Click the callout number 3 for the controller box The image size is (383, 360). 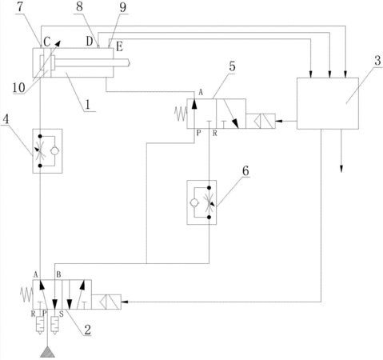coord(377,61)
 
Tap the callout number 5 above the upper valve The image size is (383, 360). coord(232,66)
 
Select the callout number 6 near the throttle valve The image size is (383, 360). coord(245,170)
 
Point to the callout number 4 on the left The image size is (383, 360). coord(6,119)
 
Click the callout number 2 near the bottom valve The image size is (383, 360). coord(87,330)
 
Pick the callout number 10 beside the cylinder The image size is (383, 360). coord(19,87)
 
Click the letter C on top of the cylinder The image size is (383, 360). coord(47,42)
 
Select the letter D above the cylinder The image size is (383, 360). coord(90,41)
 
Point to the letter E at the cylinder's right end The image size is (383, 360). coord(119,47)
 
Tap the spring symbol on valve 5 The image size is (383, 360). coord(181,114)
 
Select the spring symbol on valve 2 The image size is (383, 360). coord(26,294)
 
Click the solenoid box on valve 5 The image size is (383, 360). coord(261,121)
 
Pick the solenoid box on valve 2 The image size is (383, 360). coord(106,302)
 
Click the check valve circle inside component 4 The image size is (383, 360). coord(54,151)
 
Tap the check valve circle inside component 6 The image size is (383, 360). coord(194,202)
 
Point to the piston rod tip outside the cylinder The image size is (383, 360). coord(129,62)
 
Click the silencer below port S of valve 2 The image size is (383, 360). coord(54,326)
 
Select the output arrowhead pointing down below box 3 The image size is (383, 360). coord(341,169)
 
